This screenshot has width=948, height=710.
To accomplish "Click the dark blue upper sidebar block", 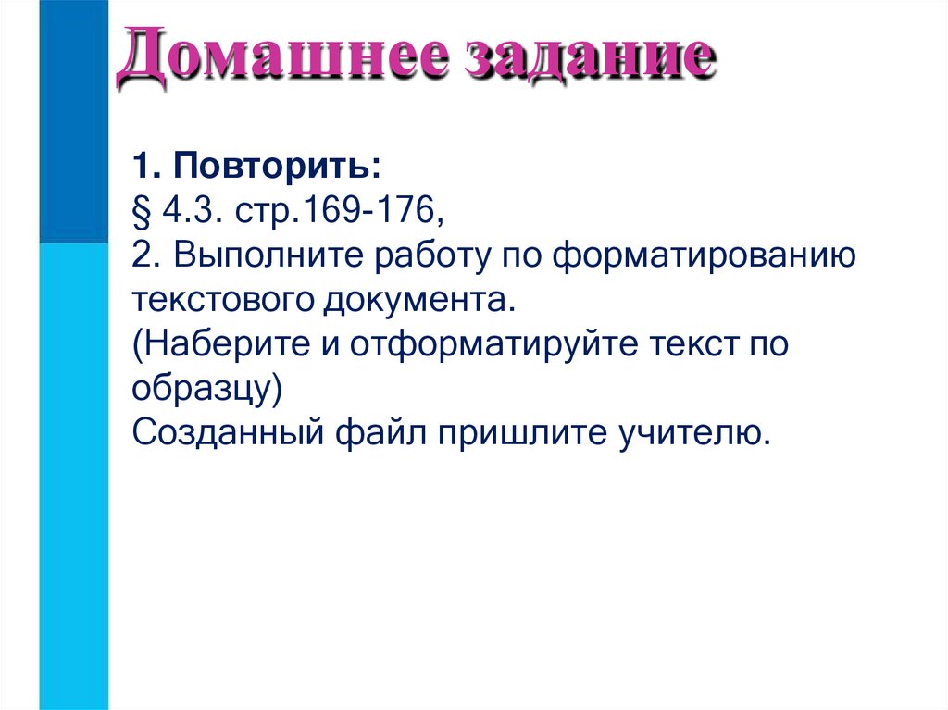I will (x=74, y=120).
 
